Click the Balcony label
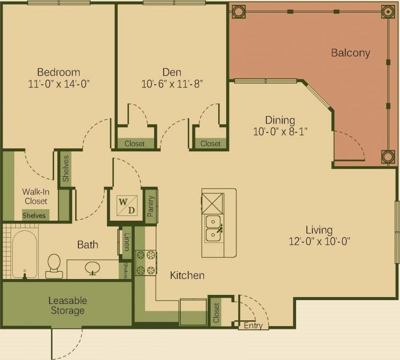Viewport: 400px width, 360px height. tap(350, 53)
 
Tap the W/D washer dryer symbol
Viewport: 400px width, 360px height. tap(126, 205)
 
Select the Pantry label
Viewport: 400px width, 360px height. tap(150, 206)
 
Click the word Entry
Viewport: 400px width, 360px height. tap(253, 326)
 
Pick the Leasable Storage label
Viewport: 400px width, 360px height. tap(67, 305)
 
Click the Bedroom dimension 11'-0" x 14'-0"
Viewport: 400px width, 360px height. tap(58, 84)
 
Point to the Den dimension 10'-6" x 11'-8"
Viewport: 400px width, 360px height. tap(172, 84)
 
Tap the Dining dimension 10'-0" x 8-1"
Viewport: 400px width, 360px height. tap(280, 131)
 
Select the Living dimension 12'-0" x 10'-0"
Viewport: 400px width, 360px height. tap(319, 241)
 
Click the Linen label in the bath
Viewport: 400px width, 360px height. tap(127, 241)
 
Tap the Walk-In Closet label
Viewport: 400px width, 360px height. tap(35, 196)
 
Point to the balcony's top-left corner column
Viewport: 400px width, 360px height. tap(238, 11)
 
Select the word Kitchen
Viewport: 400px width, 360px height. tap(187, 275)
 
